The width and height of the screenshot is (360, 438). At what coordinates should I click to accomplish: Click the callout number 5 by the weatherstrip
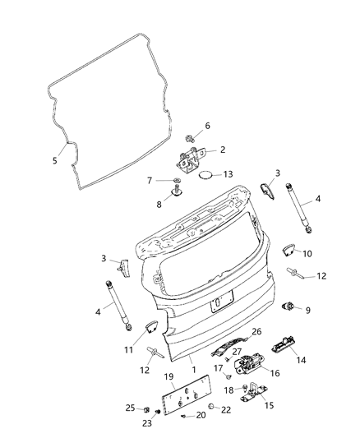tap(55, 160)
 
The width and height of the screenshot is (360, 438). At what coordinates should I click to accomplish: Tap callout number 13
tap(228, 173)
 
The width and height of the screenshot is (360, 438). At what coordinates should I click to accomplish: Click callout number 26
tap(256, 331)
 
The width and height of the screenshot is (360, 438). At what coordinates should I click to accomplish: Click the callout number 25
tap(129, 408)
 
